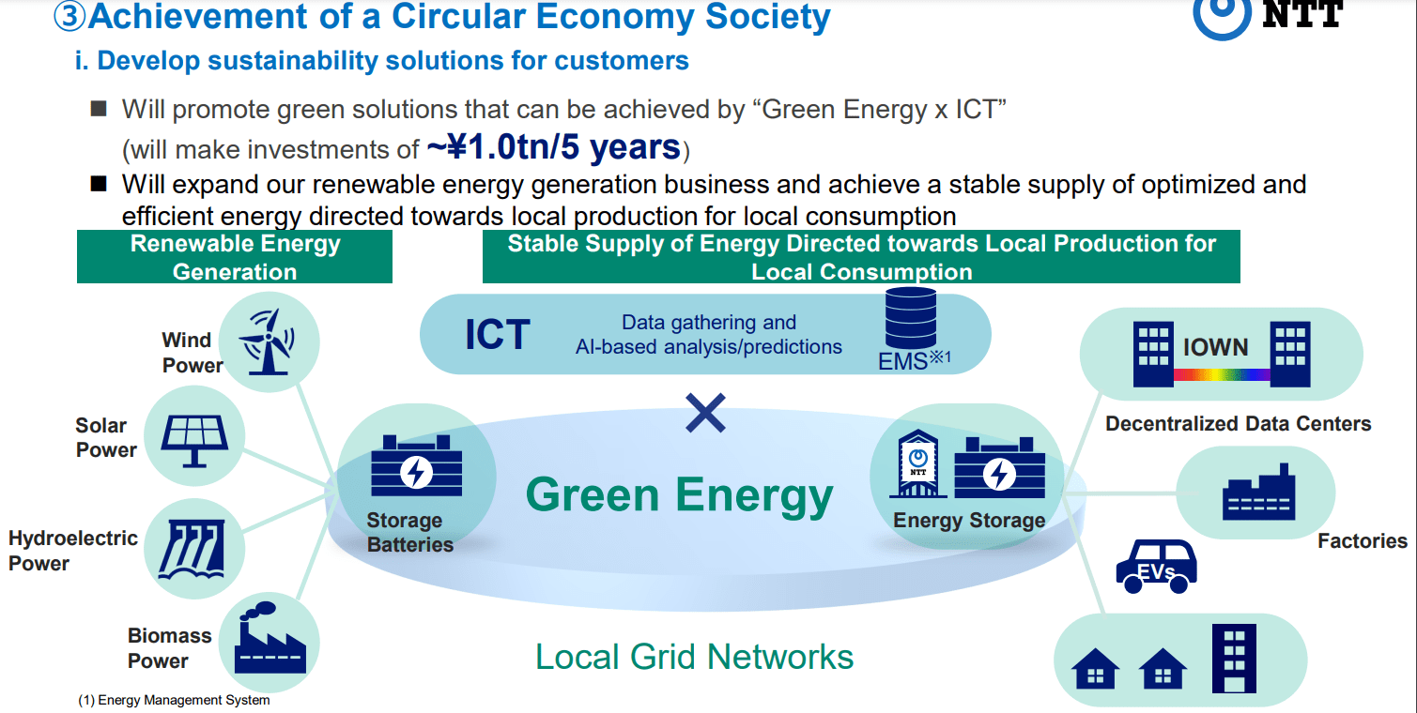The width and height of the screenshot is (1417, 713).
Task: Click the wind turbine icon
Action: point(267,341)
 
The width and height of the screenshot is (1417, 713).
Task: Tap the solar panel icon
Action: point(194,441)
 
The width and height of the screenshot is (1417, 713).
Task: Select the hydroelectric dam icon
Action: point(193,549)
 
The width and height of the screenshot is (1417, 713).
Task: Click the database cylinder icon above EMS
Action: point(911,317)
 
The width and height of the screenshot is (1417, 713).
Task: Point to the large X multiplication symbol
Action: point(705,414)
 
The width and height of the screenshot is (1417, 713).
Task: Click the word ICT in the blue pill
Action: point(497,334)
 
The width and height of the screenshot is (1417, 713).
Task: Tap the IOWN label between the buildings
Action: point(1215,347)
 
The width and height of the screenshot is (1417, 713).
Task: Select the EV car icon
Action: point(1156,567)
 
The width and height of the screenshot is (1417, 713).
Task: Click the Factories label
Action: point(1362,541)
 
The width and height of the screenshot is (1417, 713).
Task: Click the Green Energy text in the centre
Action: point(680,495)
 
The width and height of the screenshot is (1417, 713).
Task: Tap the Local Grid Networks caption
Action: point(694,657)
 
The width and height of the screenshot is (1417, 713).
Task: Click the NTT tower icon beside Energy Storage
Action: point(917,463)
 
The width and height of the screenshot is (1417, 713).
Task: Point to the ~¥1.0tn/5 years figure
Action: point(554,147)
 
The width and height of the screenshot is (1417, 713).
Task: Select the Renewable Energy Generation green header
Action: point(235,257)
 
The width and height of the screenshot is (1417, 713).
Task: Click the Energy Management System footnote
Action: point(174,701)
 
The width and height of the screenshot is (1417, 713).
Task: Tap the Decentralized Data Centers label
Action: point(1238,423)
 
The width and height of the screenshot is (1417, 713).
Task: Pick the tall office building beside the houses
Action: point(1234,658)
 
